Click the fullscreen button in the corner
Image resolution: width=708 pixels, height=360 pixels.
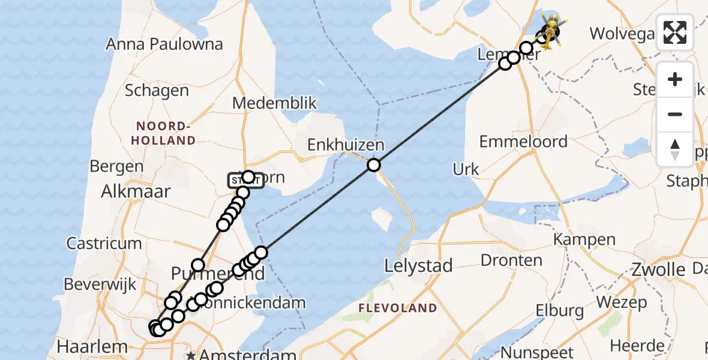coord(675,32)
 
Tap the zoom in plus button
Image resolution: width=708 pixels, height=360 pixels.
coord(675,79)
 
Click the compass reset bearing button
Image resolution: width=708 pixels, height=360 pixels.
coord(675,149)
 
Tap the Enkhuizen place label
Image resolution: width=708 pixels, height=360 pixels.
coord(346,145)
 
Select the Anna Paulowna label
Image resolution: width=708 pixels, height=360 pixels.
coord(164,44)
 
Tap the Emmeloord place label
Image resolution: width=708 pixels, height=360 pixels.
coord(523,142)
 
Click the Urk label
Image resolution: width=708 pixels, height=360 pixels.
coord(466,169)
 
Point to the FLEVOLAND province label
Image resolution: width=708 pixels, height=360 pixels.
coord(397,308)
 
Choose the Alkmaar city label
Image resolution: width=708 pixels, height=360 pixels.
coord(136,191)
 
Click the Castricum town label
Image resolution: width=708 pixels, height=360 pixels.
coord(104,243)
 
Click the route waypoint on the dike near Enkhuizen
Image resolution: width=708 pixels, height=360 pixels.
coord(374,165)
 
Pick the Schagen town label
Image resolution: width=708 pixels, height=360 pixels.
coord(157,91)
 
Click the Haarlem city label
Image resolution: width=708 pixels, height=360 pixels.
coord(92,346)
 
